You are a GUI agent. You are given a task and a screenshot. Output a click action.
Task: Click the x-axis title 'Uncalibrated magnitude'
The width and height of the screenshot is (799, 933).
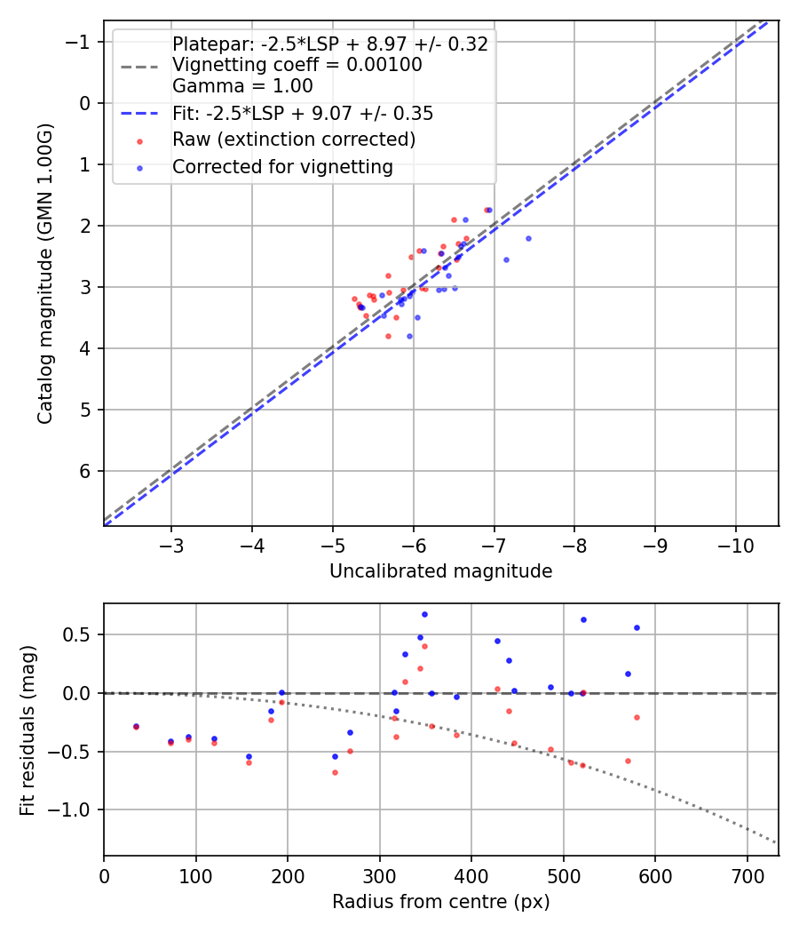click(x=440, y=571)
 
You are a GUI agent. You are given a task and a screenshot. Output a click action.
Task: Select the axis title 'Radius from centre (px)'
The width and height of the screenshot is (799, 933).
click(x=440, y=902)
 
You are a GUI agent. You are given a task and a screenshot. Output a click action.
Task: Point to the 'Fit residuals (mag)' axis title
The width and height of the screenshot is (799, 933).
click(x=28, y=730)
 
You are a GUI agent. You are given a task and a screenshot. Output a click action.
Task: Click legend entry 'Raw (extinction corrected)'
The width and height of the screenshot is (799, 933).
click(x=294, y=140)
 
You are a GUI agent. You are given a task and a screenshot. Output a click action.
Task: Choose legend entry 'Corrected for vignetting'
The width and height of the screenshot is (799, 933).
click(x=282, y=167)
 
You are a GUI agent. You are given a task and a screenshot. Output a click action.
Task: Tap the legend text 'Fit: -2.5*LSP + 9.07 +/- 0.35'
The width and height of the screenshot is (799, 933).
click(x=303, y=113)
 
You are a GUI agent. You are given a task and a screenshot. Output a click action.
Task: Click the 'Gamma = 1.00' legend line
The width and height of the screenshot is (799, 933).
click(x=242, y=86)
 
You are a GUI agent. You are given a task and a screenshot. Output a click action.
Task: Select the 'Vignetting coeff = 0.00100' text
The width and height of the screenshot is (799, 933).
click(x=297, y=65)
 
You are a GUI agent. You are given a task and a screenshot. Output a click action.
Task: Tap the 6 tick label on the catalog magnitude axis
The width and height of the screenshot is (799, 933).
click(x=86, y=471)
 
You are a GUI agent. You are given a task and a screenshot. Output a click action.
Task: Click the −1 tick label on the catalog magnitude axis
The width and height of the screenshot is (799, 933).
click(x=81, y=42)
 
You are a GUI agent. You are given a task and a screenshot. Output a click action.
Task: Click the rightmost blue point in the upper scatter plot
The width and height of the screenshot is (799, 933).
click(x=528, y=238)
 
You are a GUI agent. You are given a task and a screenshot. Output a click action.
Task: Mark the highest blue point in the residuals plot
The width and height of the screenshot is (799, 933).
click(x=424, y=614)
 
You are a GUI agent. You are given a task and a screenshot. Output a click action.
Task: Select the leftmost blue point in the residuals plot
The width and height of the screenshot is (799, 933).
click(x=136, y=726)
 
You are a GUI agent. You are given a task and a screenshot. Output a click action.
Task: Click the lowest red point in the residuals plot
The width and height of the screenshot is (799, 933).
click(x=335, y=772)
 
